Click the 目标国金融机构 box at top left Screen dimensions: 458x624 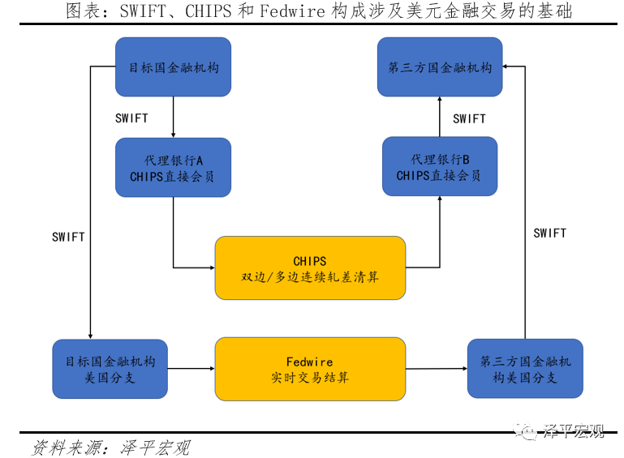pos(173,67)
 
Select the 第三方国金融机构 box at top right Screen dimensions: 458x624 pos(441,67)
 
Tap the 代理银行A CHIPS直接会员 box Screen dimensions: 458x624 pos(173,168)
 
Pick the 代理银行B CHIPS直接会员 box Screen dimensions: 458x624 pos(439,167)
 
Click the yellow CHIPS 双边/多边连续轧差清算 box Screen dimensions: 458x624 pos(310,268)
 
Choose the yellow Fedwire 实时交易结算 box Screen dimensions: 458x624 pos(310,369)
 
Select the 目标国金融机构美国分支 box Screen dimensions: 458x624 pos(110,369)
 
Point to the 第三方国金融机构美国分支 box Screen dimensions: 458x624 pos(525,368)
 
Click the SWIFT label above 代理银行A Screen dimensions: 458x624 pos(131,118)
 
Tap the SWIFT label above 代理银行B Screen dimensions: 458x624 pos(469,118)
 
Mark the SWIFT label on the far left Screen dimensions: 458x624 pos(68,238)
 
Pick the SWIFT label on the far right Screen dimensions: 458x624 pos(549,233)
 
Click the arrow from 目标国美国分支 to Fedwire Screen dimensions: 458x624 pos(191,369)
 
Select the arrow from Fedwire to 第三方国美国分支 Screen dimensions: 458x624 pos(437,369)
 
